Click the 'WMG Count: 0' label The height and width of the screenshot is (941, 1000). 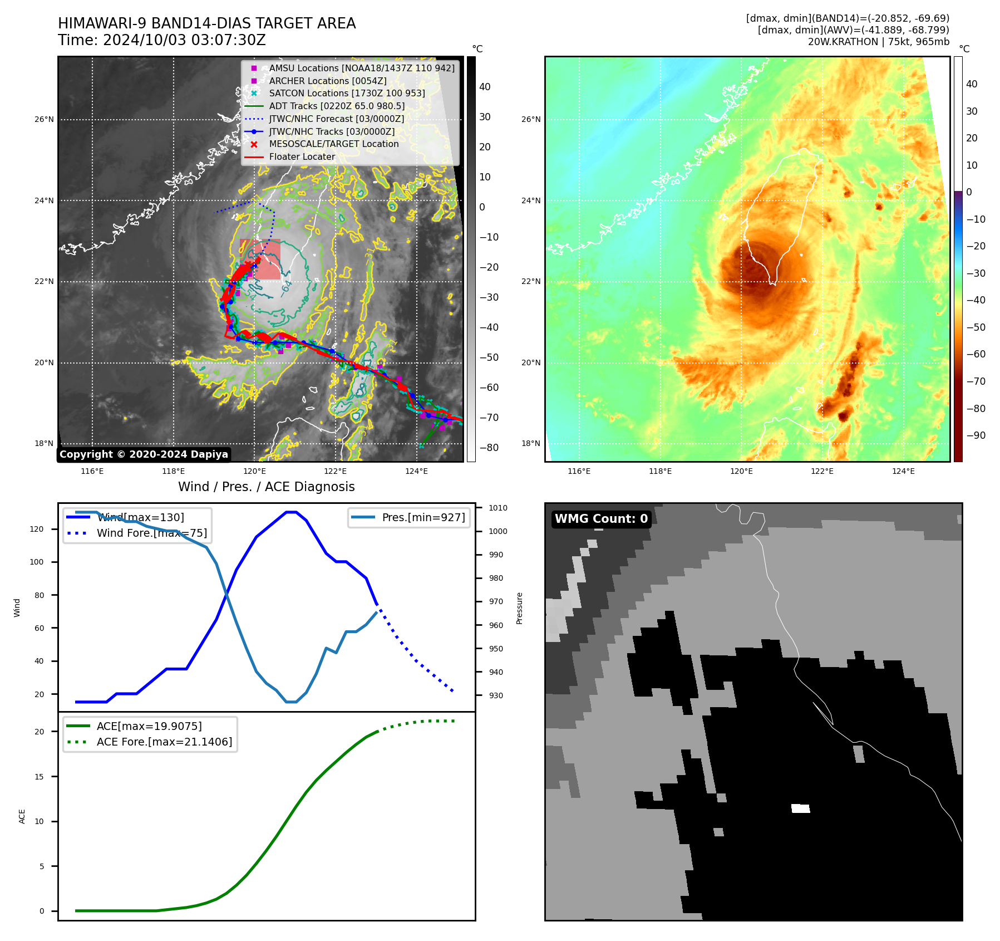tap(601, 519)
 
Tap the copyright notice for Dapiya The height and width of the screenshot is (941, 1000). tap(144, 454)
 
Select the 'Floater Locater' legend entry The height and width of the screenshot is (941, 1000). tap(302, 157)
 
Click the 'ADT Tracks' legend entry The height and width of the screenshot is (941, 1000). tap(337, 106)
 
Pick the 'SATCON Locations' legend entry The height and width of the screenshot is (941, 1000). tap(347, 94)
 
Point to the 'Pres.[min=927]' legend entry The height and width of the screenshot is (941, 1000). tap(423, 517)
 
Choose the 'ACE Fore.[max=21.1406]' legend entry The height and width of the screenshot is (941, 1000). tap(164, 742)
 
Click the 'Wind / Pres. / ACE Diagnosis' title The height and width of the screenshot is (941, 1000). tap(266, 487)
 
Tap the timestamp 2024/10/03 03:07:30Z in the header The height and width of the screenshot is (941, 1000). tap(184, 41)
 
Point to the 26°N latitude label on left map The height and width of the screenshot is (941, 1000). tap(45, 120)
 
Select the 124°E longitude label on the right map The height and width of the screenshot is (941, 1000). tap(903, 471)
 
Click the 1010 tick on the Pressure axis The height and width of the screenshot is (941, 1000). tap(498, 508)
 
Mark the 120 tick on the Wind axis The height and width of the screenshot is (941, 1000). tap(37, 529)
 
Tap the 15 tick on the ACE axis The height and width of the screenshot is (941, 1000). tap(39, 777)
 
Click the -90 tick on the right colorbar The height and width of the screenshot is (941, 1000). tap(976, 435)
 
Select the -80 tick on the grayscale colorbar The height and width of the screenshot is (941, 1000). tap(489, 448)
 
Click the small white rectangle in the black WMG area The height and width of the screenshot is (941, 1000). tap(800, 808)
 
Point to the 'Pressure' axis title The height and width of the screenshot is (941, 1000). tap(519, 608)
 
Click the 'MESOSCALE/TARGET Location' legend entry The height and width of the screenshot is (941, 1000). tap(334, 144)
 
